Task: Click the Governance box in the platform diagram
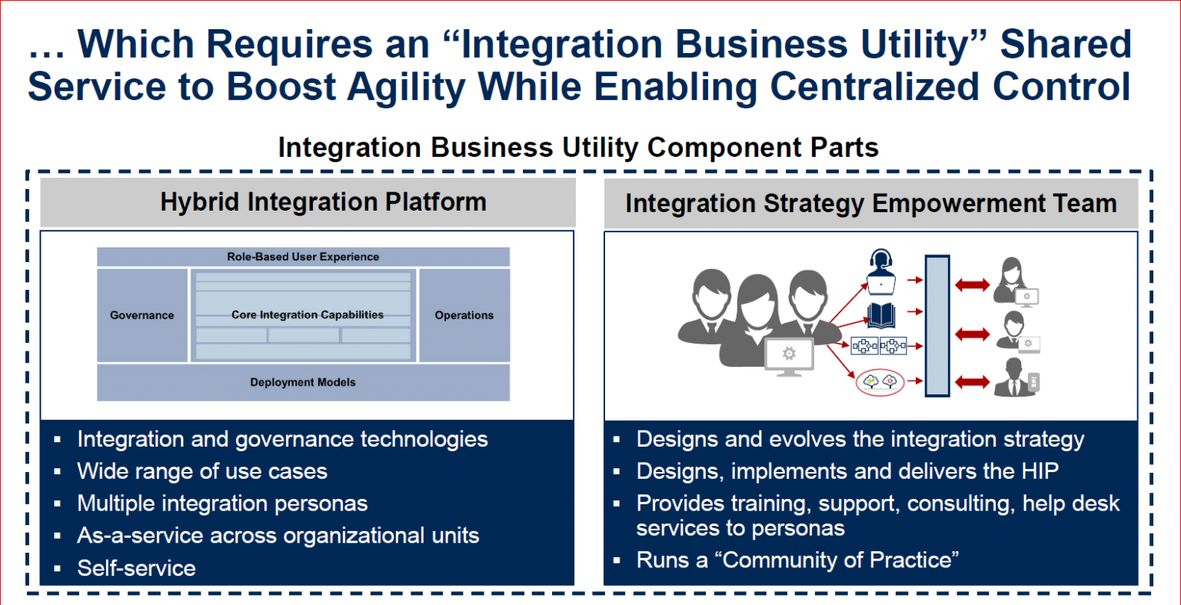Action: [141, 315]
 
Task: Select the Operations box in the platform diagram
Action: [464, 315]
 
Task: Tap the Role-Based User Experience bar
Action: [303, 257]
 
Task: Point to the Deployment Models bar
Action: [303, 382]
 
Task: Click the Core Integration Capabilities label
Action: [307, 315]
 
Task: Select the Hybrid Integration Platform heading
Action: [323, 202]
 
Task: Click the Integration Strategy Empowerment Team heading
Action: [870, 204]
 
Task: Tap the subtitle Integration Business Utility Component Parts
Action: [578, 147]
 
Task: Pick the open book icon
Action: [880, 315]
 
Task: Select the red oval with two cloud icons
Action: [880, 381]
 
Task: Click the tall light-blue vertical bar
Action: [936, 326]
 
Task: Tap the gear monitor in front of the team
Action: [787, 356]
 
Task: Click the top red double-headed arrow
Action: [972, 285]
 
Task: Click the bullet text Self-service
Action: [136, 568]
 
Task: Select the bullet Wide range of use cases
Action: [202, 471]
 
